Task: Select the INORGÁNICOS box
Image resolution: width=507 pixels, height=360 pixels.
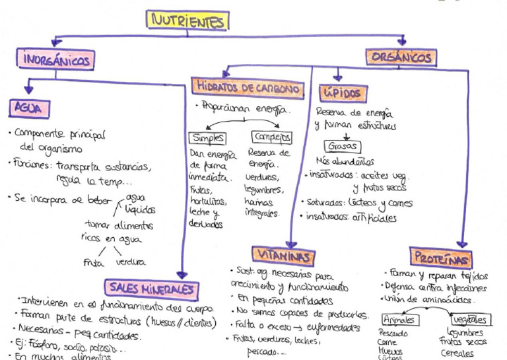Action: (x=57, y=59)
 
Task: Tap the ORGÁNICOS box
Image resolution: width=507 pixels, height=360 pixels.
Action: (x=401, y=57)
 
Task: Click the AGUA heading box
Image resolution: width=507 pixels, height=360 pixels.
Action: (x=30, y=107)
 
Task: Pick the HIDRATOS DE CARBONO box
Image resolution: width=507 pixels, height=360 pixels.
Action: (x=248, y=87)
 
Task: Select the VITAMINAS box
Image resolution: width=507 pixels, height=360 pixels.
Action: (x=283, y=254)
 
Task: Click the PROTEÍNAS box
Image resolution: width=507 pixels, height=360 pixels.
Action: (x=440, y=257)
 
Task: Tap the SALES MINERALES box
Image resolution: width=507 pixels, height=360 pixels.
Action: (x=151, y=288)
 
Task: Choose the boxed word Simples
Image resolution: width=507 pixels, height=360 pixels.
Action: (x=207, y=138)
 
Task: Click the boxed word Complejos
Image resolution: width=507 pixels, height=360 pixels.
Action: (x=272, y=137)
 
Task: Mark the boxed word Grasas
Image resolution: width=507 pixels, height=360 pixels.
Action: (x=342, y=146)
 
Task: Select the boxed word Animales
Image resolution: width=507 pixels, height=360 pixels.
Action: (x=399, y=319)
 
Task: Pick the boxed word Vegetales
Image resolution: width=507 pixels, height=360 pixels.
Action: (x=468, y=319)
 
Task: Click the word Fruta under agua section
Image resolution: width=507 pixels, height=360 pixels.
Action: (x=94, y=262)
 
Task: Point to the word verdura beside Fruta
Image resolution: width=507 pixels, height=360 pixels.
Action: (x=130, y=262)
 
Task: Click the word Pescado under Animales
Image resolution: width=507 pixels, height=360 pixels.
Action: (x=393, y=333)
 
